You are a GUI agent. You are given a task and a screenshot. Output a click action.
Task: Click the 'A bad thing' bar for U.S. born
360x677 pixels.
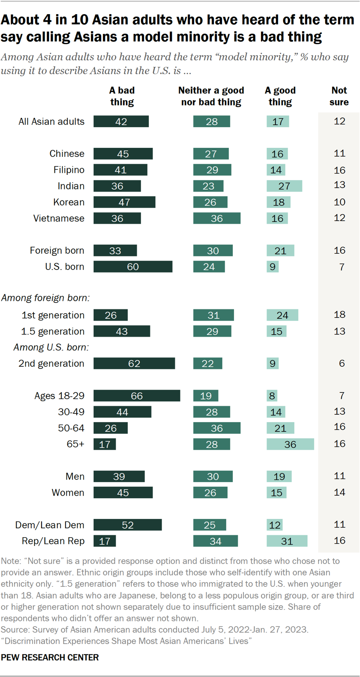133,267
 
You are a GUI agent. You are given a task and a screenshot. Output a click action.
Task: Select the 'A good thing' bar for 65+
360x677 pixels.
290,444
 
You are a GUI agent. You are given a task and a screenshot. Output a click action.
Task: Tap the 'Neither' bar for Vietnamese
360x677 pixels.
216,219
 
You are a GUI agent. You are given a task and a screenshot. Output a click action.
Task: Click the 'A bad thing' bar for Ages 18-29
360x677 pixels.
137,396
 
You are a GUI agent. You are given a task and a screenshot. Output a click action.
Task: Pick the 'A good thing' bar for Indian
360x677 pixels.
284,186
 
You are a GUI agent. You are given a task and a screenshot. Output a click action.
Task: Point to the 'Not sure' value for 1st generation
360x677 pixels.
339,315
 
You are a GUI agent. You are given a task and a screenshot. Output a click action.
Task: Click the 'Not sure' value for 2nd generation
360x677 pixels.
342,363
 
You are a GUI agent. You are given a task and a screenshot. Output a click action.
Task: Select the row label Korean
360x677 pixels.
69,202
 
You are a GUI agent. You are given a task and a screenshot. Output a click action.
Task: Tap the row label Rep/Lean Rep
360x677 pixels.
53,541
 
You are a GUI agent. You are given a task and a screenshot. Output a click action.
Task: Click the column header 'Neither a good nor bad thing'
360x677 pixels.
211,96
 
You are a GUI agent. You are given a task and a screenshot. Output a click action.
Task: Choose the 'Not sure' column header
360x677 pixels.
339,96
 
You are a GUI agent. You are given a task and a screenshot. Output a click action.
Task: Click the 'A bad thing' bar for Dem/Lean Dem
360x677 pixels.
128,525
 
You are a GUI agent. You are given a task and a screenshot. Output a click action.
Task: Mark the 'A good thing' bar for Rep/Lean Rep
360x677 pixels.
287,541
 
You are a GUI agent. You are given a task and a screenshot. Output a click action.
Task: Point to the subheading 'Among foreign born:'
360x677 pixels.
45,298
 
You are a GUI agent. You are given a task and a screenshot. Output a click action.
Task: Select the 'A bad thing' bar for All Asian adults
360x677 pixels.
121,122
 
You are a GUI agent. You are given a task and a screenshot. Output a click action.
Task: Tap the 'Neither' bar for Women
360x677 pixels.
210,493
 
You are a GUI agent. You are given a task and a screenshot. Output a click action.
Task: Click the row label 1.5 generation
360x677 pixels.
53,331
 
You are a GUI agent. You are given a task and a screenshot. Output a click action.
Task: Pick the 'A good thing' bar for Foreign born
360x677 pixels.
280,251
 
